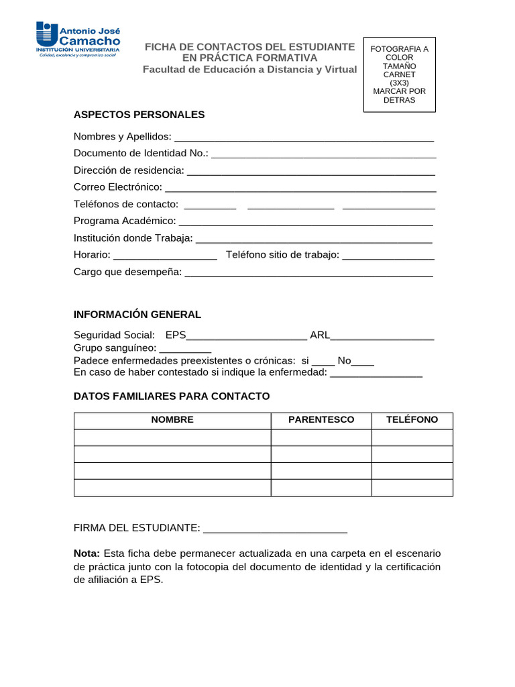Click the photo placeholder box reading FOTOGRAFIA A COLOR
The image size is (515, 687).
point(399,74)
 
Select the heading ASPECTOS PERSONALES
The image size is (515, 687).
point(139,115)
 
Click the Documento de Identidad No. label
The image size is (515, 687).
point(141,154)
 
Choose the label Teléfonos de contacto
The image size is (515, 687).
point(126,204)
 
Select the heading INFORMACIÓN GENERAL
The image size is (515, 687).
point(137,315)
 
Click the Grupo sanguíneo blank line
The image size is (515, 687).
point(185,350)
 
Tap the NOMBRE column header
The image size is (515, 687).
point(172,420)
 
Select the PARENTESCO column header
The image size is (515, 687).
point(321,420)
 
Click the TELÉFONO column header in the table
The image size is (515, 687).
point(412,420)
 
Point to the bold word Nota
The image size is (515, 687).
point(87,553)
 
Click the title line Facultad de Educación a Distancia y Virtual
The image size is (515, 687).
point(249,70)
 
